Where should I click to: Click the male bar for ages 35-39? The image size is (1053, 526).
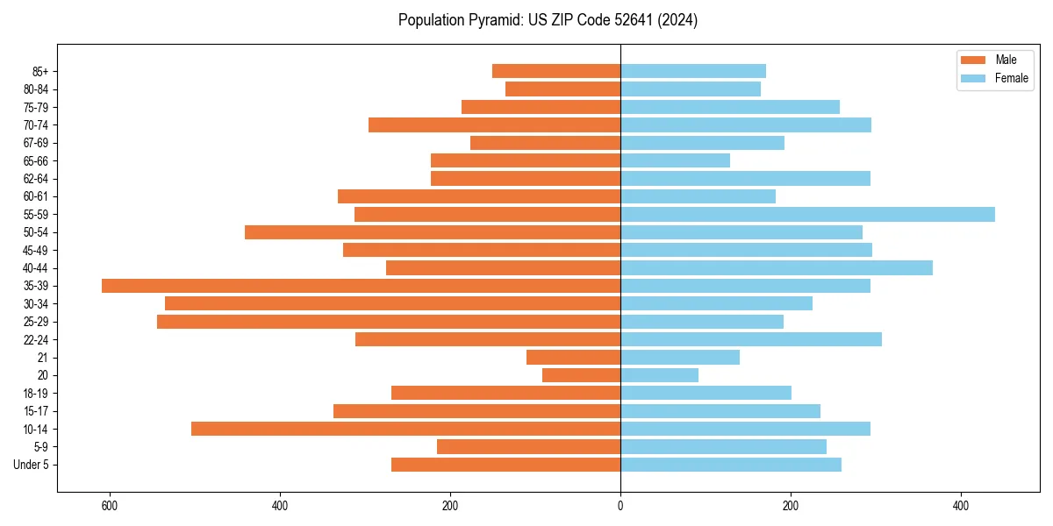coord(361,286)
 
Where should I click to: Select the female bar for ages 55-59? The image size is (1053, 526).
coord(807,214)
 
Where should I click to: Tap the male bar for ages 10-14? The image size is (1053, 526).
coord(405,429)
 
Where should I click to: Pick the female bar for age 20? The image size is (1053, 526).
coord(659,375)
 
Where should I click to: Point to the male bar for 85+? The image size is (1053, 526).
coord(556,71)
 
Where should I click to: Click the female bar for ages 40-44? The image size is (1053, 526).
coord(777,267)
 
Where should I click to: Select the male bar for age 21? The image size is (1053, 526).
coord(573,357)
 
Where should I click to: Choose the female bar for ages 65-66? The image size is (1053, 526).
coord(675,160)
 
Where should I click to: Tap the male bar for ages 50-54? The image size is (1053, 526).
coord(433,232)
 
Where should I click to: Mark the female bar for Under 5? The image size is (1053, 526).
coord(731,465)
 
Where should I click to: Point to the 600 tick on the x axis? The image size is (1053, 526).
coord(110,506)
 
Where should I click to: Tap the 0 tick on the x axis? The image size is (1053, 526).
coord(620,506)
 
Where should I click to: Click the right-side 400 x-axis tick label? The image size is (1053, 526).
coord(961,506)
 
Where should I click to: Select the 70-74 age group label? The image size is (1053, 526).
coord(35,124)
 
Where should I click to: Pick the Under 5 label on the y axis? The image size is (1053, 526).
coord(32,465)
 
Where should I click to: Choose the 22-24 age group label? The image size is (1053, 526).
coord(35,339)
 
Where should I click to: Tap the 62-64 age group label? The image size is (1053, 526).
coord(35,178)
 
